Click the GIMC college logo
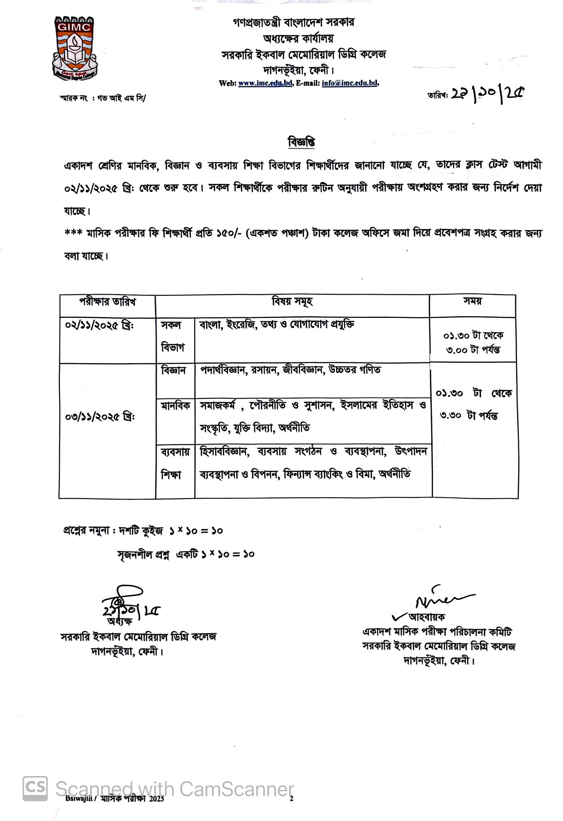74,48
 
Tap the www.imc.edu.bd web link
265,83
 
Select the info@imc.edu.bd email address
350,83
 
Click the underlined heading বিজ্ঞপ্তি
301,142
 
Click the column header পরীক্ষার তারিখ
107,302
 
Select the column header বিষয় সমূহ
292,301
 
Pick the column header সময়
473,301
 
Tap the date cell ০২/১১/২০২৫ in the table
99,325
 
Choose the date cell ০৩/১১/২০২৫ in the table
100,417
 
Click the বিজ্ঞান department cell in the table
173,370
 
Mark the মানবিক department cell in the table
175,406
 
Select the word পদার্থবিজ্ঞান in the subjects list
223,370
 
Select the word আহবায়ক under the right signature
426,617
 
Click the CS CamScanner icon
35,789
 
